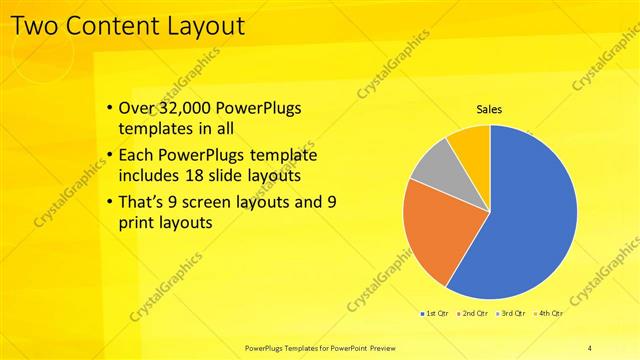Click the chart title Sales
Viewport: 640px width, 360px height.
(489, 109)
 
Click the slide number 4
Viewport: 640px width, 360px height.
(590, 347)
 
